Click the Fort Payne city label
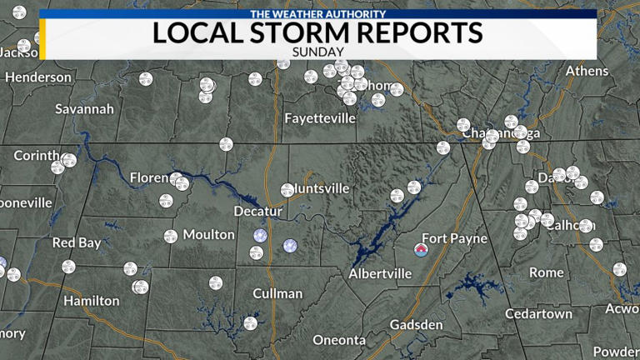click(x=455, y=238)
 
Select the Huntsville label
click(x=317, y=188)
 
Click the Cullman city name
click(x=278, y=293)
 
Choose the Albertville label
click(x=380, y=274)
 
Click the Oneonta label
click(x=339, y=340)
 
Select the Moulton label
click(x=208, y=234)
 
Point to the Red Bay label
click(x=77, y=243)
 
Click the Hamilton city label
click(x=92, y=301)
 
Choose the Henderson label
click(x=38, y=77)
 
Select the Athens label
click(x=587, y=71)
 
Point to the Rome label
click(x=547, y=272)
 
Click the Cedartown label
click(x=539, y=313)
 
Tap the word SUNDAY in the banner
click(x=317, y=51)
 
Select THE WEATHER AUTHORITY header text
click(x=317, y=14)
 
